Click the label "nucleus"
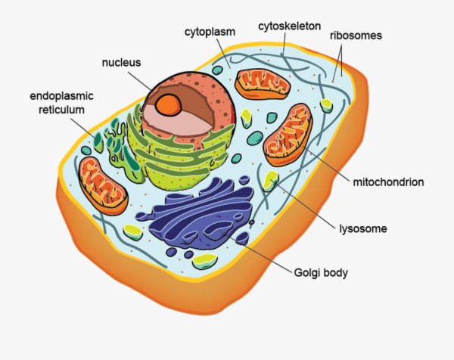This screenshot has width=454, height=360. (x=121, y=63)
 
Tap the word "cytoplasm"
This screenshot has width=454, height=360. (x=210, y=32)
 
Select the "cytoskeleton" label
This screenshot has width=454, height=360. (x=290, y=26)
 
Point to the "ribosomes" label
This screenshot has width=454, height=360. (x=356, y=36)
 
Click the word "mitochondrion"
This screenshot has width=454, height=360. (x=388, y=182)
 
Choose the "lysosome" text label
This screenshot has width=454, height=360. (x=363, y=228)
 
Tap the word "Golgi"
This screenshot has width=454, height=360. (x=307, y=273)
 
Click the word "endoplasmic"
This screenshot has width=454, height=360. (x=62, y=96)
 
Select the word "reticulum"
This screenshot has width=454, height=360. (x=62, y=110)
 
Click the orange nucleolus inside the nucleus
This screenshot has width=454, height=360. (x=168, y=105)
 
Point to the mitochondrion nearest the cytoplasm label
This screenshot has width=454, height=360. (x=263, y=84)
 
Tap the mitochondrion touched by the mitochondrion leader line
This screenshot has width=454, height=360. (x=288, y=135)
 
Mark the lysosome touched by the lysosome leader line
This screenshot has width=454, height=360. (x=270, y=182)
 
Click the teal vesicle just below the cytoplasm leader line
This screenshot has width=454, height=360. (x=217, y=70)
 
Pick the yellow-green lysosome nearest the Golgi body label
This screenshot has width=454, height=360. (x=205, y=262)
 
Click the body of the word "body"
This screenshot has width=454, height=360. (x=336, y=273)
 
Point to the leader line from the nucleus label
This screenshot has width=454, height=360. (x=139, y=81)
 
